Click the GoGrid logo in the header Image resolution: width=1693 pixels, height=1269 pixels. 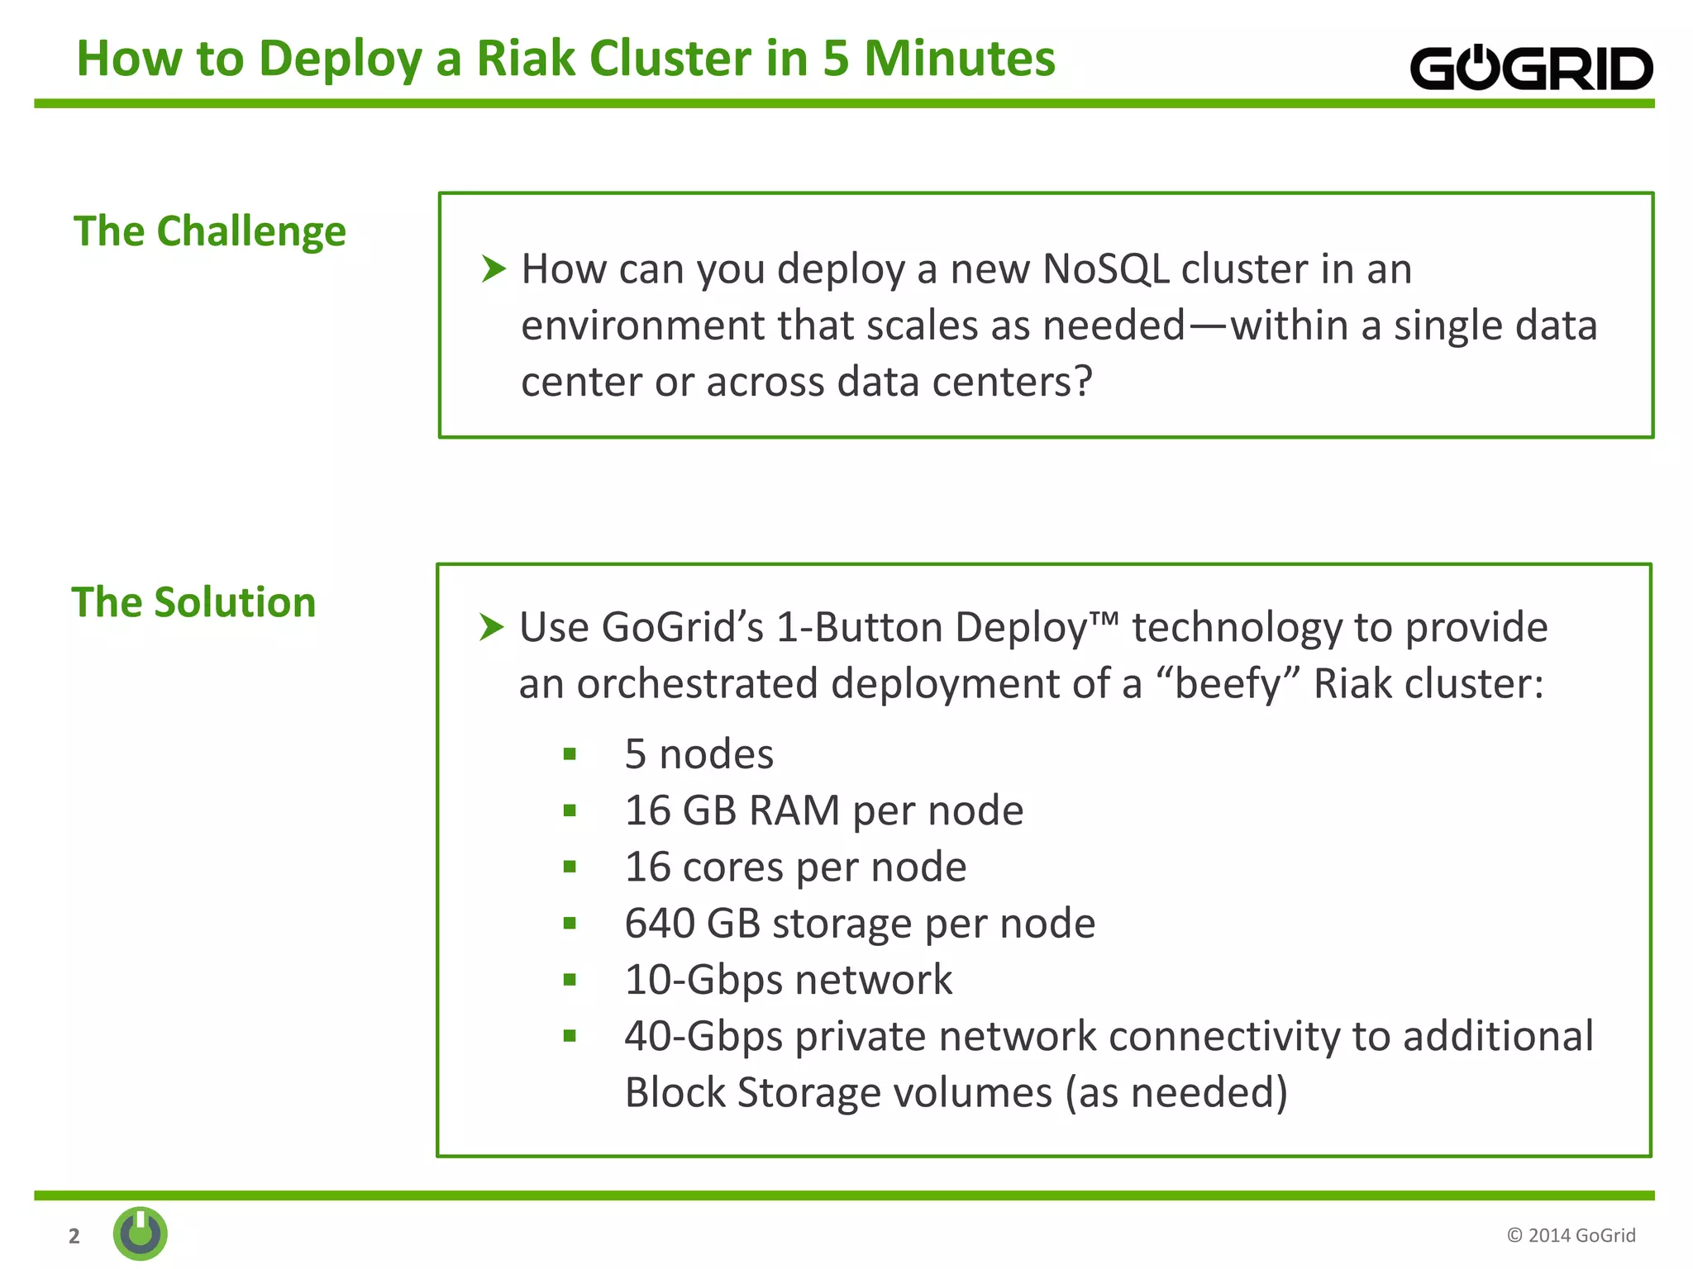tap(1530, 68)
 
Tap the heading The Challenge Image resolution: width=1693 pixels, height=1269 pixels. tap(210, 231)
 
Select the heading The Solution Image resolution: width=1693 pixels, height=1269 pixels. tap(193, 601)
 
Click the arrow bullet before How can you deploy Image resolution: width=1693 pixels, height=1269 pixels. tap(493, 269)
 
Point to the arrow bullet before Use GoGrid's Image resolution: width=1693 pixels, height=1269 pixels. tap(491, 627)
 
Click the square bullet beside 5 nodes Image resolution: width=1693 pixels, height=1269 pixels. tap(570, 753)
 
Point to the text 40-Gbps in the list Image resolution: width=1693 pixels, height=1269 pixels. tap(703, 1036)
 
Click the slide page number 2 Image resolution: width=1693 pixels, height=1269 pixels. tap(74, 1236)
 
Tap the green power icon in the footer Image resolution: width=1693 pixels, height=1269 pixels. tap(141, 1233)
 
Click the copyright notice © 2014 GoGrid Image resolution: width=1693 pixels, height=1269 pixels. tap(1571, 1235)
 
